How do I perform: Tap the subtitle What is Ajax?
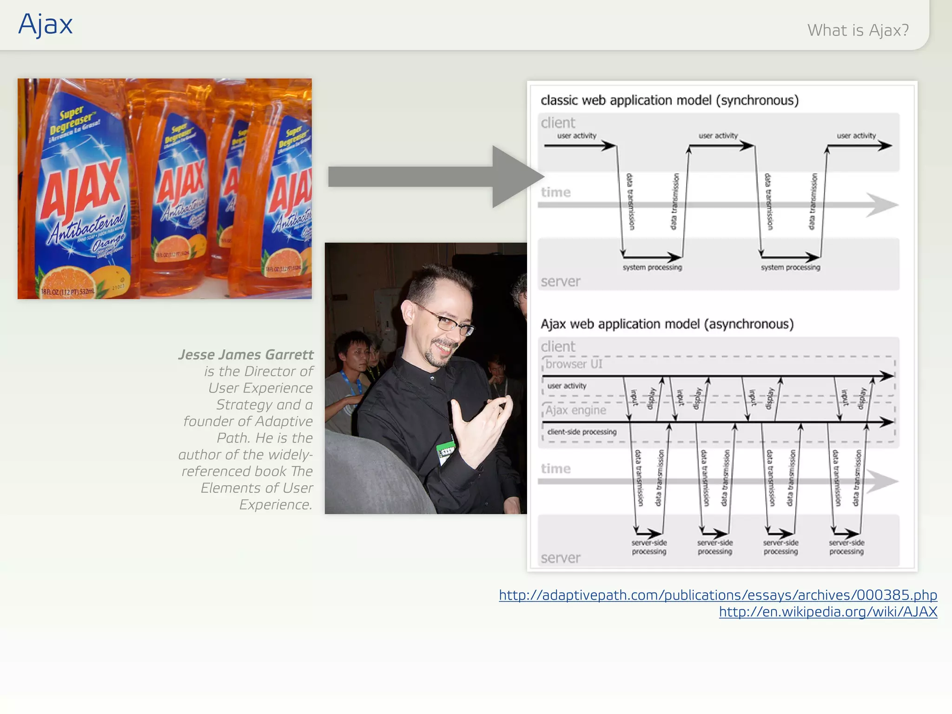858,30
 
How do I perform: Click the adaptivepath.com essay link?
718,595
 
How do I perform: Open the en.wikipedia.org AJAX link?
828,612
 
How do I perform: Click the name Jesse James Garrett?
246,355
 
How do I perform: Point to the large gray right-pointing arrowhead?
516,177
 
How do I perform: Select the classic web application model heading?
669,100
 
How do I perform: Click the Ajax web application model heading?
667,324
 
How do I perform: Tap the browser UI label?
574,364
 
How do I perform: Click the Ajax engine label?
575,410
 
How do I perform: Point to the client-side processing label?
582,432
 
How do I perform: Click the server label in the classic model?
561,282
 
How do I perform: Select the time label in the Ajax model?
555,469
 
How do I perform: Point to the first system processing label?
652,267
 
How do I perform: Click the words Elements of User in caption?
257,488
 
